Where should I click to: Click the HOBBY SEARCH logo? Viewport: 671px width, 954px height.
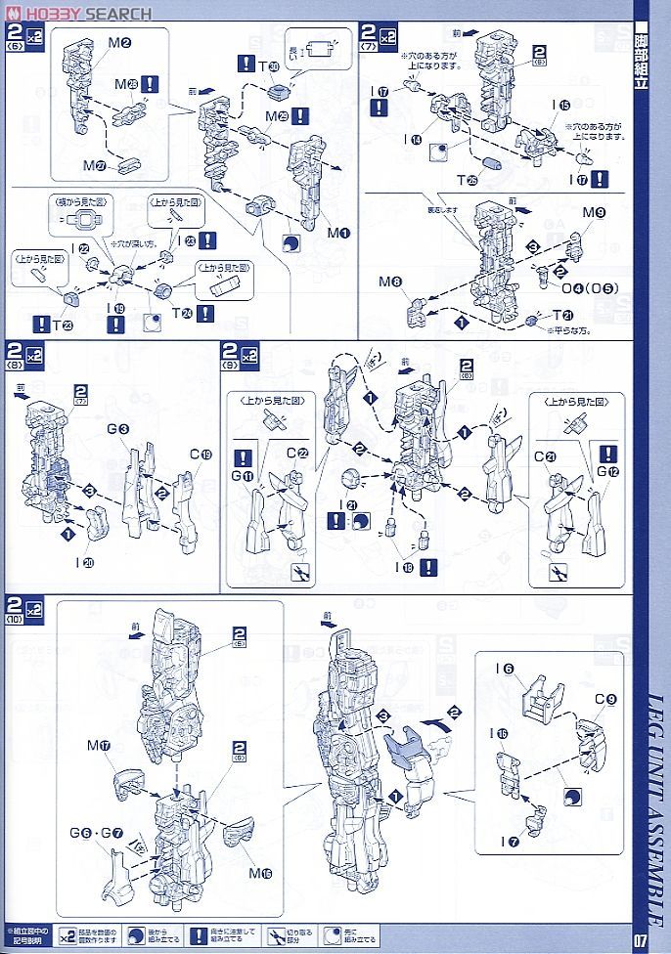(78, 13)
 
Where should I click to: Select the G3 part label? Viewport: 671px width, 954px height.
(119, 429)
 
